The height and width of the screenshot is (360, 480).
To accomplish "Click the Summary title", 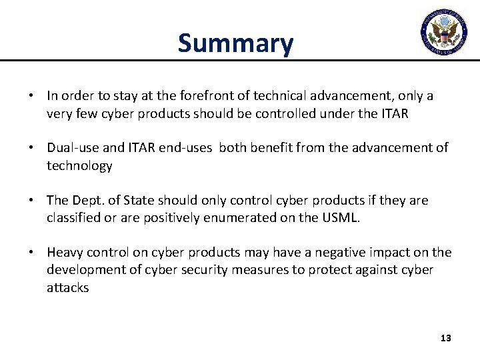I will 235,43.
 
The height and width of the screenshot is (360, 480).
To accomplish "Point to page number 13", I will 446,339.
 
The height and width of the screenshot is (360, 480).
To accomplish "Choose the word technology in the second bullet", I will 79,166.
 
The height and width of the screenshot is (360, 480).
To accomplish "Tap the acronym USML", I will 341,217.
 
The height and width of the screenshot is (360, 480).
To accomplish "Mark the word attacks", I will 67,287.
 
